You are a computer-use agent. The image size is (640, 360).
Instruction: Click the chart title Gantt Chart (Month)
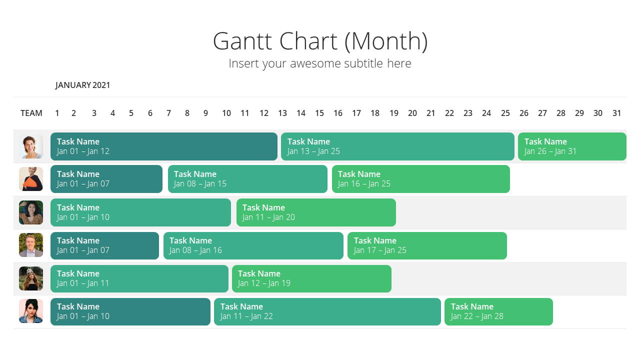tap(320, 41)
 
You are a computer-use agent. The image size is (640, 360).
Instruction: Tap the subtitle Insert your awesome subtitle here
tap(320, 63)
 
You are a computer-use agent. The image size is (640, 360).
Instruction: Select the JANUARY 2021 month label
tap(82, 85)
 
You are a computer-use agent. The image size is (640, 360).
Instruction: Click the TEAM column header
tap(31, 113)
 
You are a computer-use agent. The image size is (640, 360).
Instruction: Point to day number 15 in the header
tap(319, 113)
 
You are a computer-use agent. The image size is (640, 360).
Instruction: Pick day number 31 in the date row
tap(616, 113)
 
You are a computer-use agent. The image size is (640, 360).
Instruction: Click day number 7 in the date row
tap(168, 113)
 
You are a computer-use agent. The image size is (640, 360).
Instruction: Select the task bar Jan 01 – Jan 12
tap(164, 146)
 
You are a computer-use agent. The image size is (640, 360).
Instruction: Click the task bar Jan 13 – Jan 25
tap(397, 146)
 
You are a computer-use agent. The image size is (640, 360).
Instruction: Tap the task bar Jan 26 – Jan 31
tap(572, 146)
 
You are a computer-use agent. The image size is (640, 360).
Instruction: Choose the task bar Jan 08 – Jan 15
tap(247, 179)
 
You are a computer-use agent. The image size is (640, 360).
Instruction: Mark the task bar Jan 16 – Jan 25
tap(421, 179)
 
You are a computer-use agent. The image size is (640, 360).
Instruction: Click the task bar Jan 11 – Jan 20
tap(316, 212)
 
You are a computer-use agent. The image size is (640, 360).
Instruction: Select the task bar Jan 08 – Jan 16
tap(253, 245)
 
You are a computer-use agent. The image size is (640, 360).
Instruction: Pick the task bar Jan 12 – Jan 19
tap(311, 279)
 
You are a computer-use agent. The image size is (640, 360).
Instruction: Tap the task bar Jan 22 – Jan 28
tap(499, 311)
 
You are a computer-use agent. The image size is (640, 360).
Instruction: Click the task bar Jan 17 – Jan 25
tap(427, 245)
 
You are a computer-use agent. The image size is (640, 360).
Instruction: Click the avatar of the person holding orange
tap(31, 179)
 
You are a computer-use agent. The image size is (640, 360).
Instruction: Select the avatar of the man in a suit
tap(31, 245)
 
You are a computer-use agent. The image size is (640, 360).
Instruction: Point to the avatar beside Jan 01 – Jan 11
tap(31, 278)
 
